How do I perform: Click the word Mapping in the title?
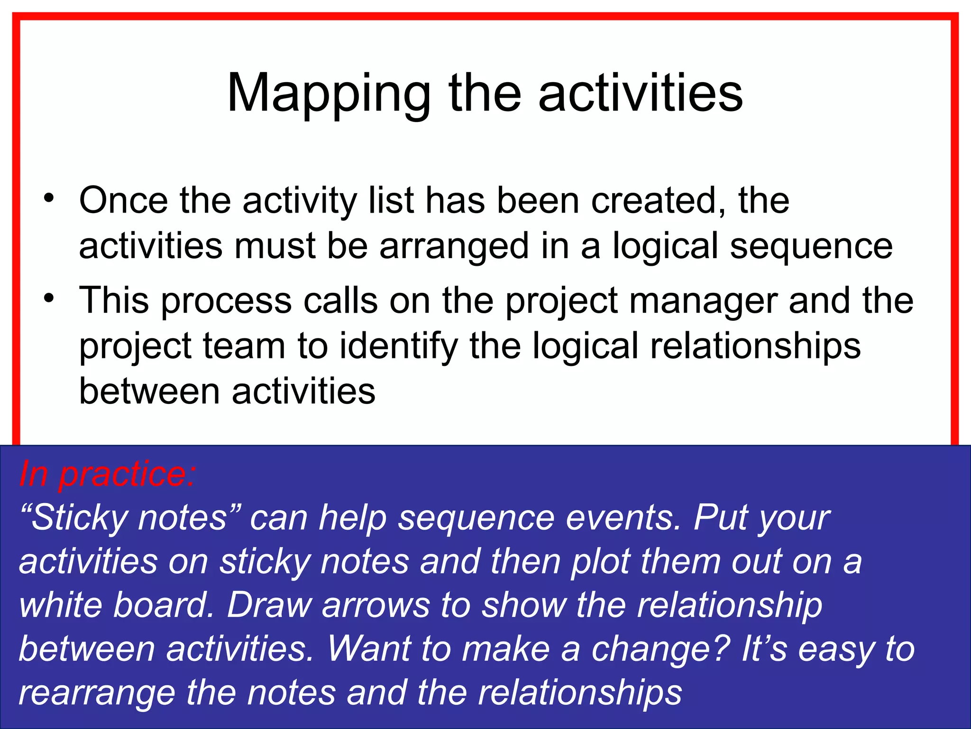tap(329, 94)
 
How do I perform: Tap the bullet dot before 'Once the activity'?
tap(49, 198)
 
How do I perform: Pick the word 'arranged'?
tap(454, 246)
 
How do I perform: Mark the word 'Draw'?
tap(268, 605)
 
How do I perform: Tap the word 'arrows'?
tap(376, 605)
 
